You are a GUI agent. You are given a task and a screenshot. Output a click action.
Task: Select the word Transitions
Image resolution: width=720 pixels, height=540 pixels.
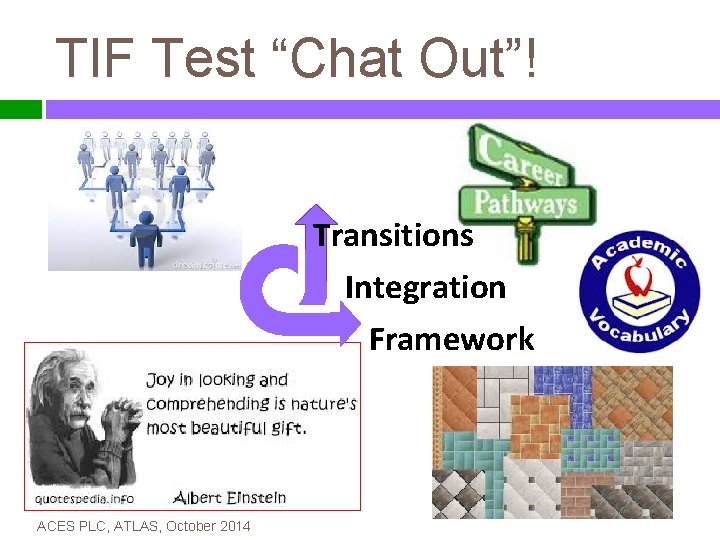pos(393,236)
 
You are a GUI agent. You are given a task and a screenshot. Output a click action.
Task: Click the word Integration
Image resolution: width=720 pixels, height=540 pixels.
pos(425,288)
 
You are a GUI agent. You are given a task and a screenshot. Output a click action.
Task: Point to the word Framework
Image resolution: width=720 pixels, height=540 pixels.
pos(451,340)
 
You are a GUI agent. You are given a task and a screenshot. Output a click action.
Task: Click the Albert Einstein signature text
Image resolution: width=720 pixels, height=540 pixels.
pos(229,497)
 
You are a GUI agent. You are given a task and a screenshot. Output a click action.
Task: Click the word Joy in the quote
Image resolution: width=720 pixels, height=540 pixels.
pos(160,380)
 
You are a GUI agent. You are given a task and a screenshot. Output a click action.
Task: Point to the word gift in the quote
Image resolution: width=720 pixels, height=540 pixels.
pos(286,428)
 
